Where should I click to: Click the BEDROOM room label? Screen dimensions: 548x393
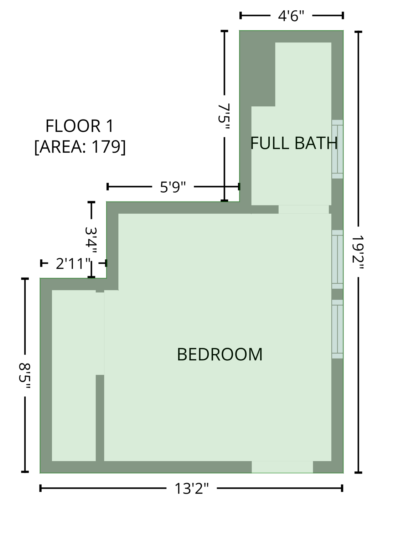pos(219,354)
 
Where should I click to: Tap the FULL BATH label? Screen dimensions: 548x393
pos(294,143)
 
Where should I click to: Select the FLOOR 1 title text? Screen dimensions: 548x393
pos(79,126)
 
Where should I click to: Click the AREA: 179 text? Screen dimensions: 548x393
pos(80,147)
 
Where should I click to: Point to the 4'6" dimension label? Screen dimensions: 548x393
pos(291,16)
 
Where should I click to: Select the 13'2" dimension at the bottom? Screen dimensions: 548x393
pos(191,488)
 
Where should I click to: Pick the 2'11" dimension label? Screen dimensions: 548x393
pos(73,264)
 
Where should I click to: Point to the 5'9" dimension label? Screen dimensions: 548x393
pos(173,187)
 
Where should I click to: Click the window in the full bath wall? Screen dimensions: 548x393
pos(337,149)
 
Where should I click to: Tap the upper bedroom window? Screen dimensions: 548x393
pos(337,259)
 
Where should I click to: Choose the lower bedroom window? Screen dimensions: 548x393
pos(337,329)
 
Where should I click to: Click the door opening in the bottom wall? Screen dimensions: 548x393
pos(282,467)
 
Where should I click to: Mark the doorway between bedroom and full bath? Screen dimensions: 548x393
pos(304,209)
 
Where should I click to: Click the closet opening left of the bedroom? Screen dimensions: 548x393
pos(100,333)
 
